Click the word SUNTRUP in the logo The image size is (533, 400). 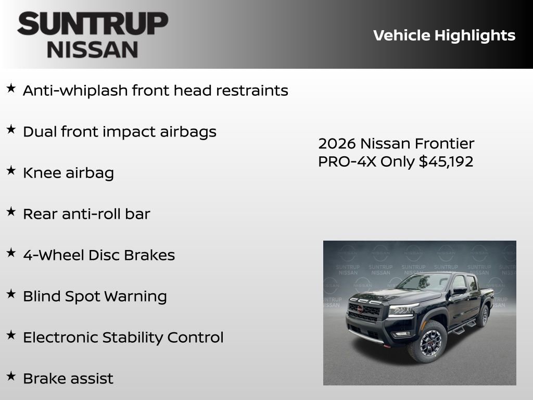pos(93,24)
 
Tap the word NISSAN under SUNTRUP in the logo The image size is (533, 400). pos(93,49)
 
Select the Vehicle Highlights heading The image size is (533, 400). pos(444,35)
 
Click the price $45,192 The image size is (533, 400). pos(446,161)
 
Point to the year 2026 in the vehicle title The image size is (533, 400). pos(337,143)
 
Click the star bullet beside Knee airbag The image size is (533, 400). pos(11,170)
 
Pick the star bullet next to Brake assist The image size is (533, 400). pos(11,376)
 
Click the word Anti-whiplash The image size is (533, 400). pos(75,91)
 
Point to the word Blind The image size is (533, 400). pos(42,296)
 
